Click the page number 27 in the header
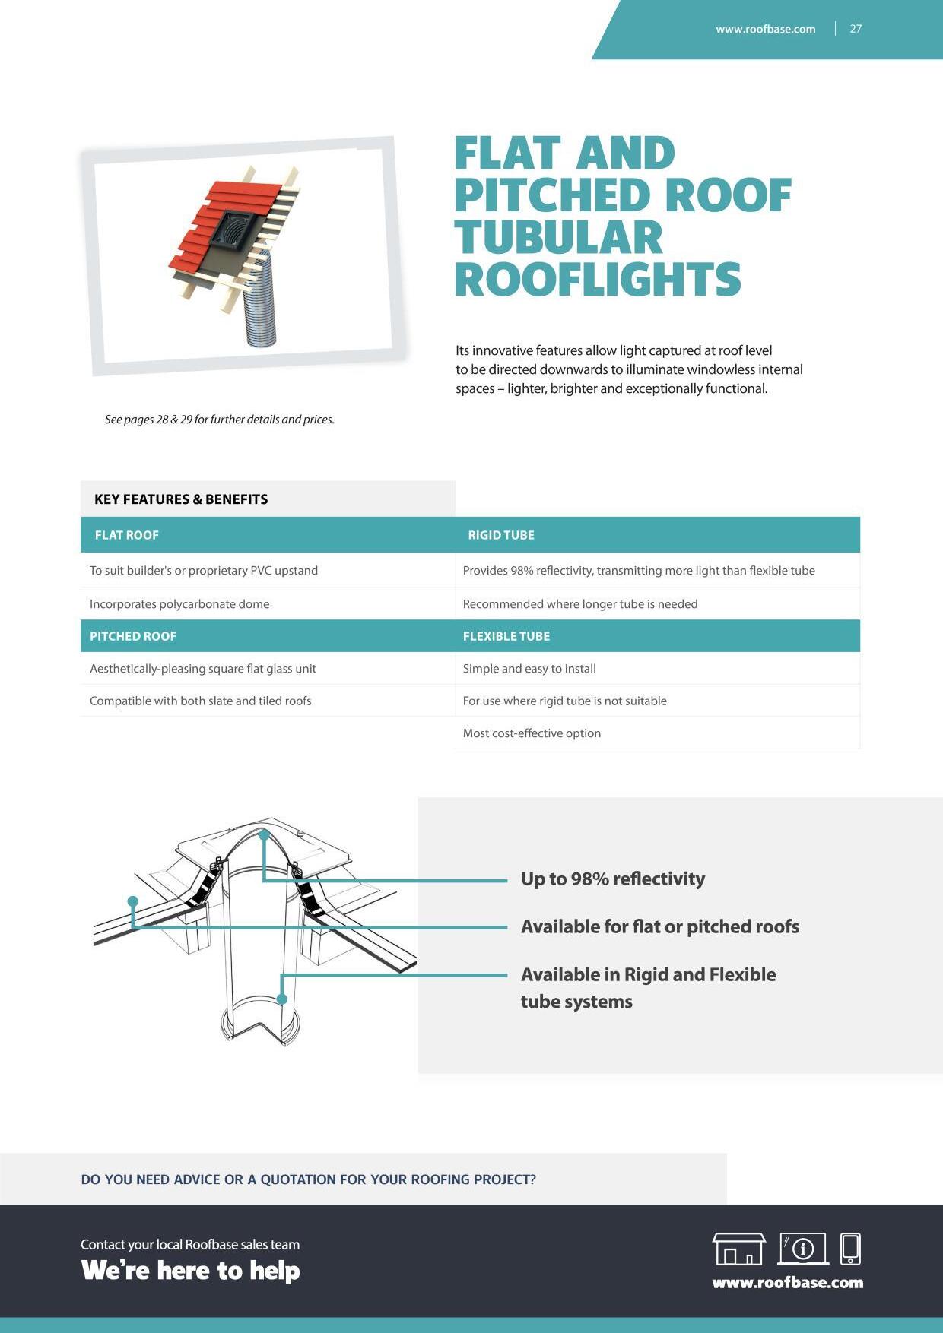click(856, 29)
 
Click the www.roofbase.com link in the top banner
click(765, 29)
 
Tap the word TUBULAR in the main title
click(558, 238)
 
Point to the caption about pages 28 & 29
click(219, 420)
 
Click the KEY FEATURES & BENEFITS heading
click(181, 499)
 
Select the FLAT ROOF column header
click(126, 535)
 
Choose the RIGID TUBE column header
click(500, 535)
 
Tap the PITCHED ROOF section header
click(133, 636)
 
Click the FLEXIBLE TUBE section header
click(506, 636)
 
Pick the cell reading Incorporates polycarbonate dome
click(179, 604)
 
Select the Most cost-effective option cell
click(532, 733)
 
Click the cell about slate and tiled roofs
click(201, 701)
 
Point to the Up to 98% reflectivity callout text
click(612, 879)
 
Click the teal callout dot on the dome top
click(264, 834)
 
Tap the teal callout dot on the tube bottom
click(282, 999)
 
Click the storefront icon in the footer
click(738, 1249)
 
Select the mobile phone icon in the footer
click(850, 1249)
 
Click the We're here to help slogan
click(190, 1271)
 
